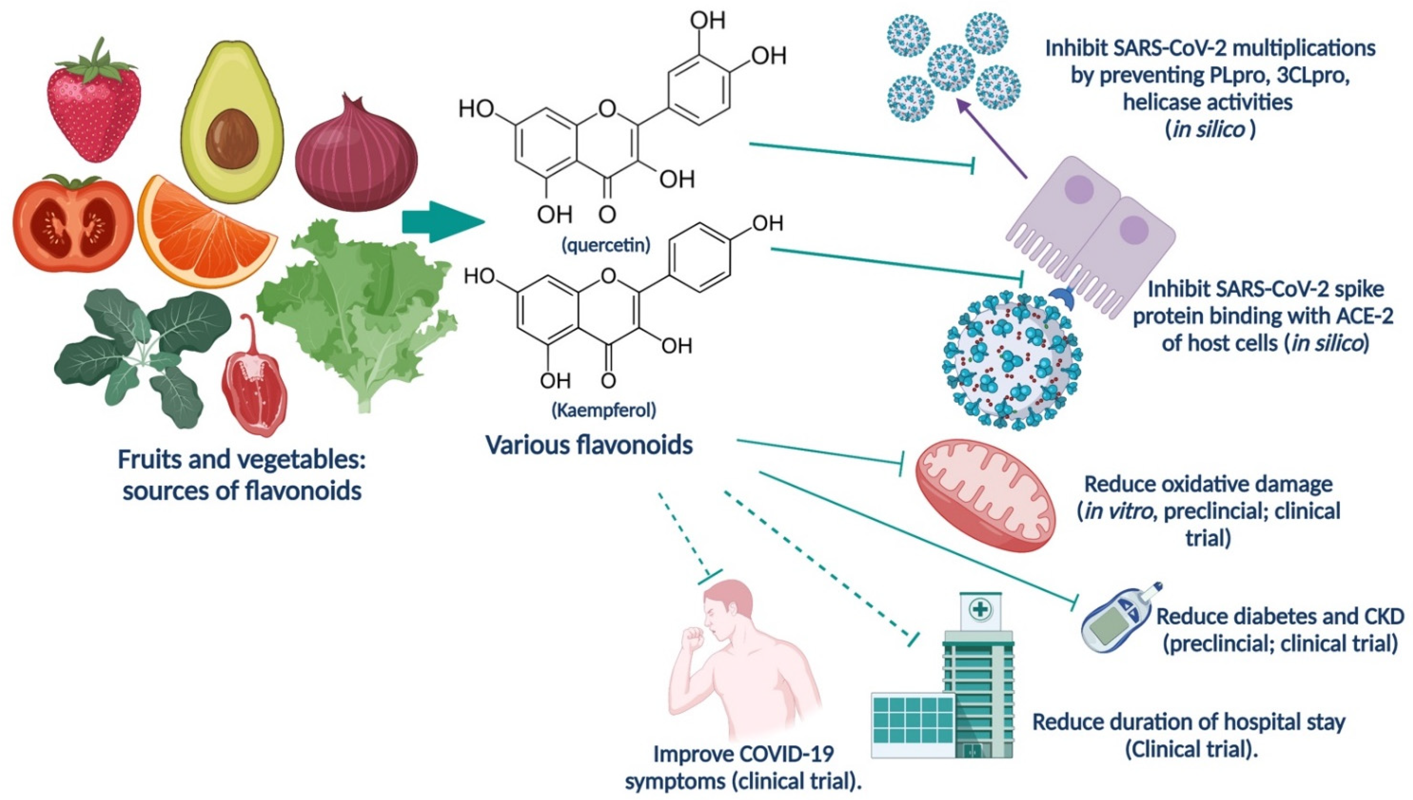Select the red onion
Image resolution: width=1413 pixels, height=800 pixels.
[356, 159]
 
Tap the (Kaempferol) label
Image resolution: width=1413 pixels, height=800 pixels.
[604, 410]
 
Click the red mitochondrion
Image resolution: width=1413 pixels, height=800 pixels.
[985, 494]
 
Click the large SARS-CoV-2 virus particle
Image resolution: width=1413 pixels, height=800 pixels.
[1011, 363]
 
